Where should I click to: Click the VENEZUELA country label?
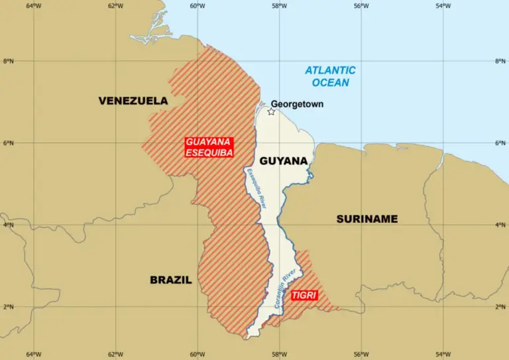coord(133,101)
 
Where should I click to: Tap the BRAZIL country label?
coord(170,280)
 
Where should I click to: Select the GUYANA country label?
coord(283,161)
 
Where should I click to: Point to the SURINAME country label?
coord(367,219)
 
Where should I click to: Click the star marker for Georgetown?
coord(271,111)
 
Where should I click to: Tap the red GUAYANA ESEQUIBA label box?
coord(209,147)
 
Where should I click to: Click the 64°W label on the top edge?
coord(34,6)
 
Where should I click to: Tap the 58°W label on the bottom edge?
coord(278,354)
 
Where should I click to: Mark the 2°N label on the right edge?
coord(500,307)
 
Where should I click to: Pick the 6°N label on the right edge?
coord(500,143)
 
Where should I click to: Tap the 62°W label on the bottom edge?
coord(115,354)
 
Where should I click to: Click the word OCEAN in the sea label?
coord(330,83)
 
